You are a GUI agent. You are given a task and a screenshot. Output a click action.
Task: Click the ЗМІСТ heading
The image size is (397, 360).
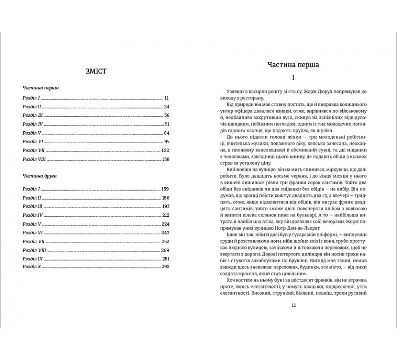coord(96,71)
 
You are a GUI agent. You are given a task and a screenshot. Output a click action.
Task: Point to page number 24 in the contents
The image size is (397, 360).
coord(166,107)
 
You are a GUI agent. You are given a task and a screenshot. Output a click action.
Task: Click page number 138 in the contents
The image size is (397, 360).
coord(165,159)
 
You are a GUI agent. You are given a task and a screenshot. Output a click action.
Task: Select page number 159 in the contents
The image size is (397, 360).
coord(165,189)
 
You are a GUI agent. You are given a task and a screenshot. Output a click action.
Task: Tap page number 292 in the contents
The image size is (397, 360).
coord(165,267)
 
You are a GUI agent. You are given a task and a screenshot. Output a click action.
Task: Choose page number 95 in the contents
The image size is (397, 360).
coord(166,141)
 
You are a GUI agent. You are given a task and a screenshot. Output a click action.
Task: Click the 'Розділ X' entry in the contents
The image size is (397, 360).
coord(31,267)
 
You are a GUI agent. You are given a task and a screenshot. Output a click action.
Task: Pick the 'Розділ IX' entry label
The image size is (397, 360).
coord(32,258)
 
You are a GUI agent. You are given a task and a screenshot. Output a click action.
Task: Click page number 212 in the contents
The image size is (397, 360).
coord(165,215)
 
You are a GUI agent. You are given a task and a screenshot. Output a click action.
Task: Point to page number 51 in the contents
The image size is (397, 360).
coord(166,124)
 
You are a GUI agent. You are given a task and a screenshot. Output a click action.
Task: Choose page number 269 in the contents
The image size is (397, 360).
coord(165,250)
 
